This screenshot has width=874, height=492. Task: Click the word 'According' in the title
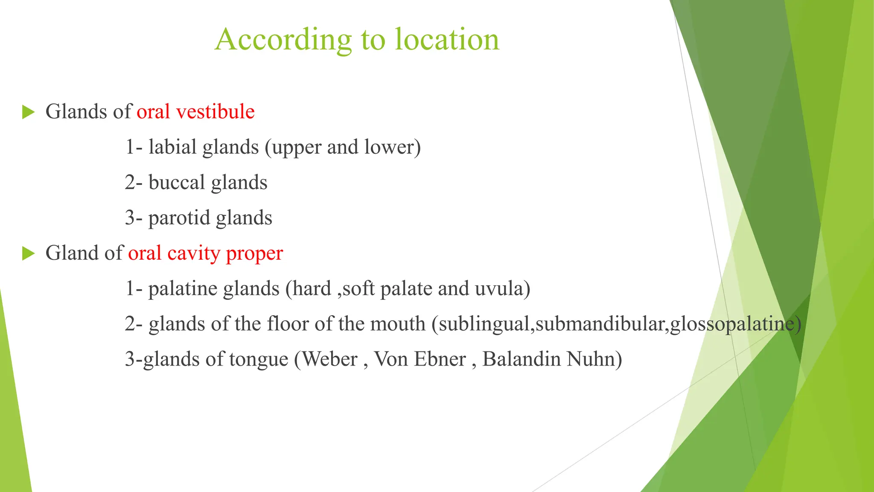tap(283, 40)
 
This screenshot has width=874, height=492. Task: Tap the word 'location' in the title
tap(447, 40)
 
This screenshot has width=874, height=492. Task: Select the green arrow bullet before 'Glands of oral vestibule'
tap(28, 112)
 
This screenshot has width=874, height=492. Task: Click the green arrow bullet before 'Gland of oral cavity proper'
tap(28, 254)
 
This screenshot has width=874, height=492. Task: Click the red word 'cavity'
tap(193, 253)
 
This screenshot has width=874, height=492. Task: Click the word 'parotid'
tap(179, 218)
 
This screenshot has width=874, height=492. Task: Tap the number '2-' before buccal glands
tap(133, 183)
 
